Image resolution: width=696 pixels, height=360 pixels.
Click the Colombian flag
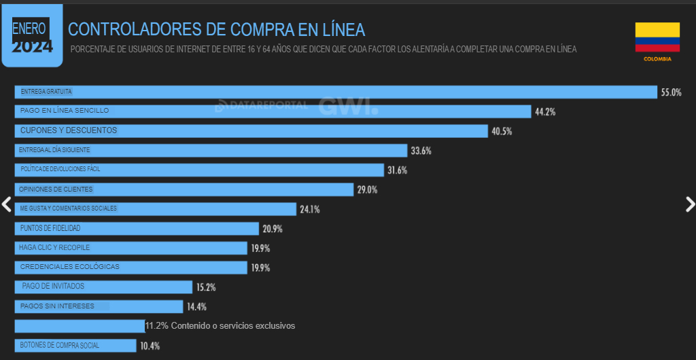point(657,37)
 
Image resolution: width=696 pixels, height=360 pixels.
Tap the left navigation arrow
point(7,204)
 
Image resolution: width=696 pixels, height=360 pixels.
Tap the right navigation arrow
point(689,204)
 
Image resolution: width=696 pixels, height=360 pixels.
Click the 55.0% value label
point(671,92)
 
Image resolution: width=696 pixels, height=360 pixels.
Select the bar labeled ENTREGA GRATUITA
point(336,92)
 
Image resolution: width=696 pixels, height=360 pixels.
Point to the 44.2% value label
point(545,112)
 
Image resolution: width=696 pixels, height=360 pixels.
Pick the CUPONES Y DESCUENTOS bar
point(251,131)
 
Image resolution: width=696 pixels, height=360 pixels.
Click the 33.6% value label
point(421,151)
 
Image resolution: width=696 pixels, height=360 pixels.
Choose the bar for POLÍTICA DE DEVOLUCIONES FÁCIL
point(199,170)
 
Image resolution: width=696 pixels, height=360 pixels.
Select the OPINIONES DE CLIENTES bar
point(184,190)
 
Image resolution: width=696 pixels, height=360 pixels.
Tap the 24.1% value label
point(309,209)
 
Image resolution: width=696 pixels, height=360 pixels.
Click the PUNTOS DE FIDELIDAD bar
point(137,229)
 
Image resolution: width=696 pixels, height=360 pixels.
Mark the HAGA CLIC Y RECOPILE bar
point(130,248)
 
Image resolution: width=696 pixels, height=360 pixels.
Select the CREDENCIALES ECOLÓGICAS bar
point(130,268)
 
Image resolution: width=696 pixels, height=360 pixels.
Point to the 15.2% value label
point(206,287)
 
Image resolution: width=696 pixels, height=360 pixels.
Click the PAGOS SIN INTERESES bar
point(99,306)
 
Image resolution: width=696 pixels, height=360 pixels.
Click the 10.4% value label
point(150,346)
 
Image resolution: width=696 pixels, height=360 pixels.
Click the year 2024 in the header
point(32,47)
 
